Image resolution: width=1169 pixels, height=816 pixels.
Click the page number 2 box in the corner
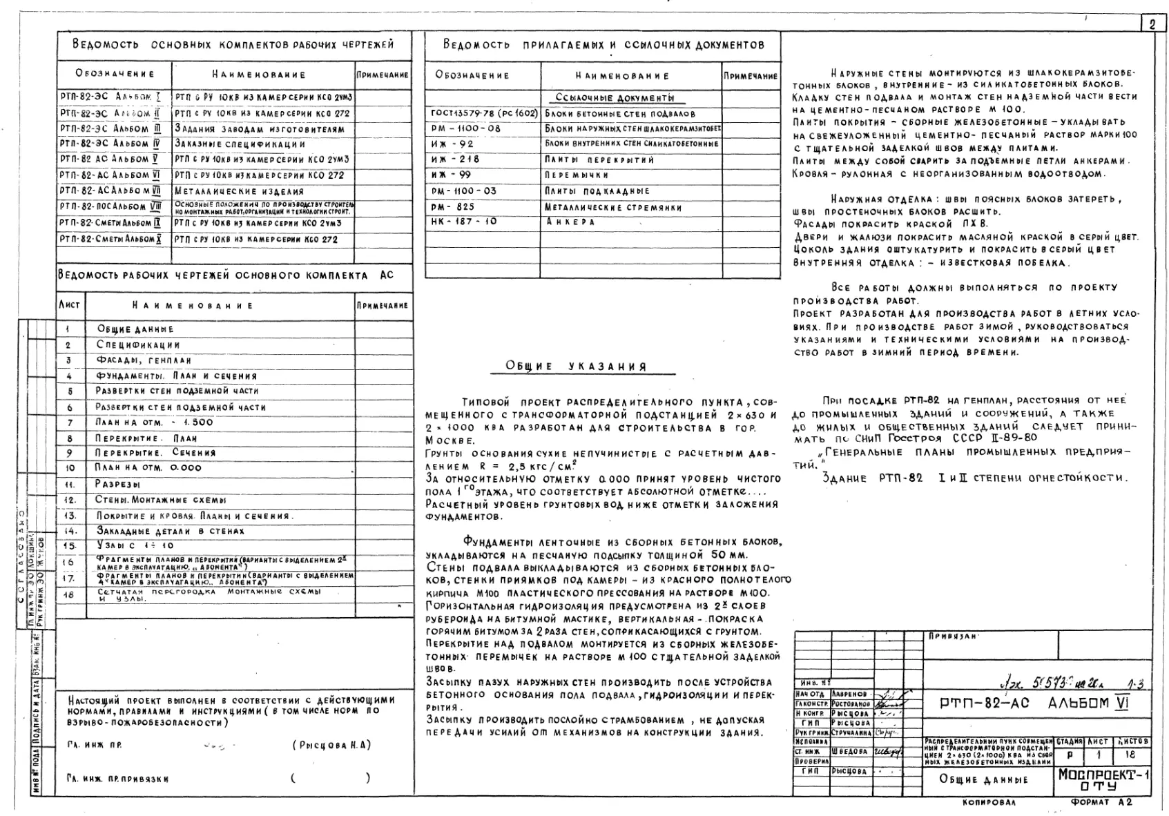[x=1152, y=24]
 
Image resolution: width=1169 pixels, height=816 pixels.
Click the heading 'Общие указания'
[x=577, y=367]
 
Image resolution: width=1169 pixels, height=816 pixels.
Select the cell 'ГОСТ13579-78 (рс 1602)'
[x=483, y=113]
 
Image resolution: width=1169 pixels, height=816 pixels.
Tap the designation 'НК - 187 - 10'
[x=463, y=222]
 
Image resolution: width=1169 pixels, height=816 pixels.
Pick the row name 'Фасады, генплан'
[x=144, y=360]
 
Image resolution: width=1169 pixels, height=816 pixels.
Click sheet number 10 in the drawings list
[x=70, y=468]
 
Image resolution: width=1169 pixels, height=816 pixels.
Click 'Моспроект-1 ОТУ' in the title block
[x=1103, y=780]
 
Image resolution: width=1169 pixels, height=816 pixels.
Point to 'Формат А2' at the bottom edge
[x=1101, y=802]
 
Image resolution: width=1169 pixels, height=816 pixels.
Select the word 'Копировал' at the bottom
[x=989, y=803]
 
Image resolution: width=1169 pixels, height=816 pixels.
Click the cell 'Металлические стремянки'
[x=613, y=207]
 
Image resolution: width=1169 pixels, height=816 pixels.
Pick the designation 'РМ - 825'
[x=453, y=206]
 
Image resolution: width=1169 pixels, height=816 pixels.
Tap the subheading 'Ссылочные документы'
[x=615, y=98]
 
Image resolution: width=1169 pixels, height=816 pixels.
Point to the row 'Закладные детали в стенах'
[x=170, y=531]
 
